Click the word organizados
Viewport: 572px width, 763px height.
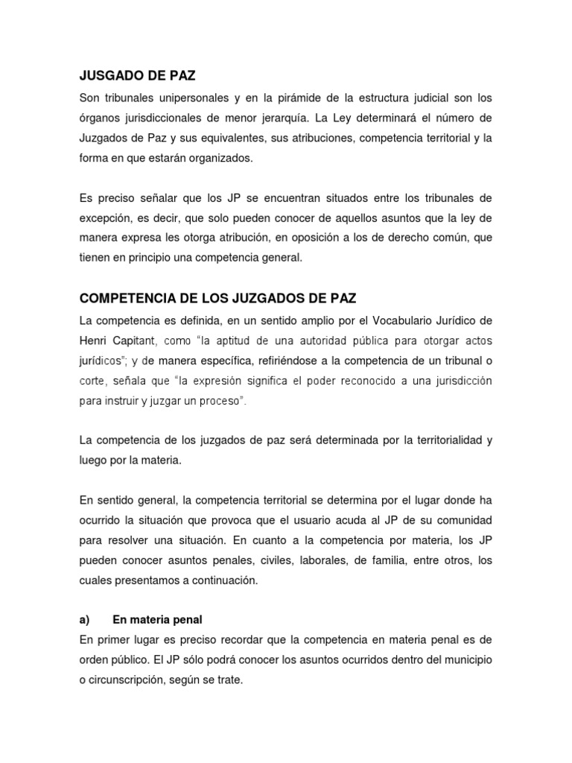coord(223,158)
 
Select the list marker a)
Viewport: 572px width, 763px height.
coord(84,620)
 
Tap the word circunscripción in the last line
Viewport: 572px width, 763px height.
coord(132,680)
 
